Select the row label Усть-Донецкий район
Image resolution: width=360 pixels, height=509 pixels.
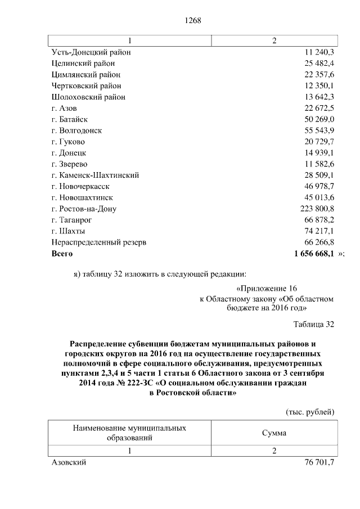click(91, 52)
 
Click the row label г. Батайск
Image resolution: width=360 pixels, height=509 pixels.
click(69, 119)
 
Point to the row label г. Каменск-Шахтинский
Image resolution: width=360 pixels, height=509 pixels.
click(95, 175)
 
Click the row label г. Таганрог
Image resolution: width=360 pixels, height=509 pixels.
click(71, 220)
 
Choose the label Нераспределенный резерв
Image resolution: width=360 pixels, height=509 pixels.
click(99, 242)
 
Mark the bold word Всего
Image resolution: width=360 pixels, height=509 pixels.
click(62, 254)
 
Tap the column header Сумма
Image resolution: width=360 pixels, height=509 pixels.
click(274, 433)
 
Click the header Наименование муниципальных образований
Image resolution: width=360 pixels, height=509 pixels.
click(130, 433)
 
